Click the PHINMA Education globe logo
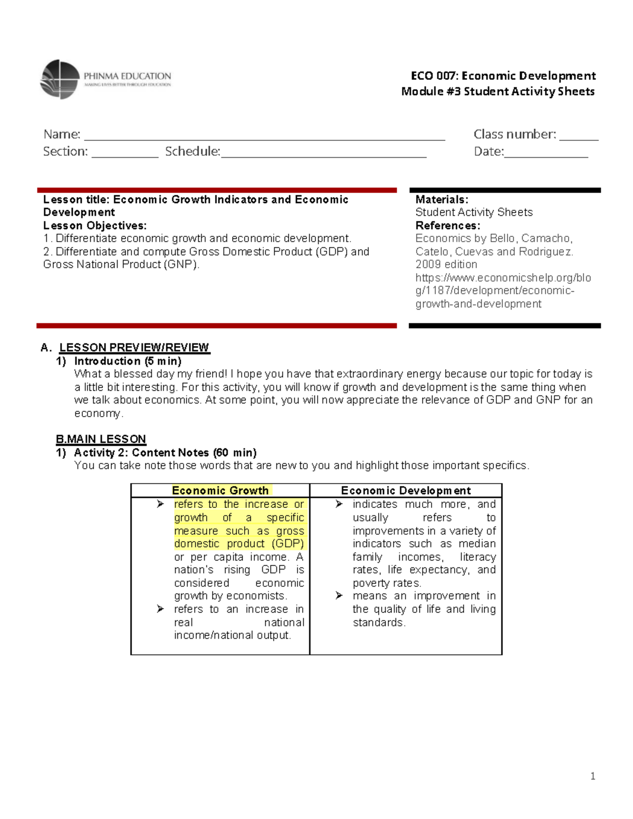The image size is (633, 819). click(60, 79)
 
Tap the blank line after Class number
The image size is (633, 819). click(579, 138)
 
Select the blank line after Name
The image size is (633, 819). click(264, 138)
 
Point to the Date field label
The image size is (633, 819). click(488, 151)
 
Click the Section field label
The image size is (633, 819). click(65, 151)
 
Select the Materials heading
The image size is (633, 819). click(442, 199)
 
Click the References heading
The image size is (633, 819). click(447, 225)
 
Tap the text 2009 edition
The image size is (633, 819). click(446, 264)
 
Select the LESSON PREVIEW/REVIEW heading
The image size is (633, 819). click(134, 348)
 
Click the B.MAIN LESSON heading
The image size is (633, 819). click(101, 439)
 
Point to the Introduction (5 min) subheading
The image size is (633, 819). click(128, 361)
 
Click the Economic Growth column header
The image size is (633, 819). click(220, 490)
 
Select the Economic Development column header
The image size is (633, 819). click(406, 490)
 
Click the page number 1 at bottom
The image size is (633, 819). click(593, 776)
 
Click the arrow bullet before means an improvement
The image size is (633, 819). click(339, 595)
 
